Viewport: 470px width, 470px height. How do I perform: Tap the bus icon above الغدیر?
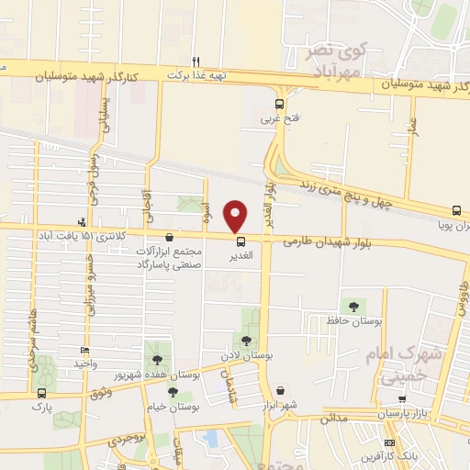pos(241,242)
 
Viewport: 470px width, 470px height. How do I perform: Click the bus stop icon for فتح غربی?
pos(279,104)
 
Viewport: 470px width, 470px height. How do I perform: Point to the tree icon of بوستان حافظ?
pos(353,306)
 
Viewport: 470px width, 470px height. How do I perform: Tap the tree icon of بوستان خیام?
pos(173,393)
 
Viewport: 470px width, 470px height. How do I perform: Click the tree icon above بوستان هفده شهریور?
pos(156,360)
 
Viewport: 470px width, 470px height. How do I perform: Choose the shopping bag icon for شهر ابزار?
pos(279,390)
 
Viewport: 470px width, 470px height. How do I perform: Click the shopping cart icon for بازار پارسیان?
pos(401,399)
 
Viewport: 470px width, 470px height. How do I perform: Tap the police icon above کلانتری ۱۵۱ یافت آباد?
pos(83,220)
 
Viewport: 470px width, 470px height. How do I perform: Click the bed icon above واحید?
pos(84,350)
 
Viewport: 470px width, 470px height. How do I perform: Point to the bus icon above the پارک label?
pos(39,391)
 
